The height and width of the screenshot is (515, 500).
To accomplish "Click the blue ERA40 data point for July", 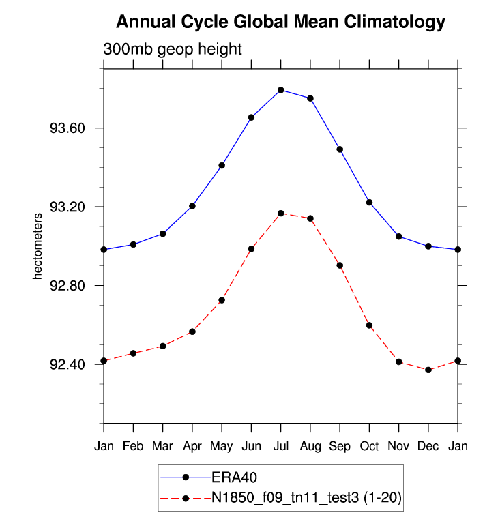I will coord(281,90).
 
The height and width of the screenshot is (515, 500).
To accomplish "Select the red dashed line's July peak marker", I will coord(281,214).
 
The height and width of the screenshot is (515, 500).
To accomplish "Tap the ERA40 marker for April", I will coord(192,206).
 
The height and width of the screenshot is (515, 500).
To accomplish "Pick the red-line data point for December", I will coord(428,370).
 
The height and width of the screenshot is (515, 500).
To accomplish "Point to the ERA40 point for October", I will coord(369,202).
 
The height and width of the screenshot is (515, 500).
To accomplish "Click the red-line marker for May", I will coord(222,300).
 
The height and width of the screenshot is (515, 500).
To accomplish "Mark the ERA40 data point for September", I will coord(340,149).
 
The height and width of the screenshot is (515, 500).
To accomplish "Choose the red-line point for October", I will coord(369,325).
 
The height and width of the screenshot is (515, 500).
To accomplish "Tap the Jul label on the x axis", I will coord(281,446).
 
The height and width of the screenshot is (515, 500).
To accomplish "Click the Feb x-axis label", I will coord(134,446).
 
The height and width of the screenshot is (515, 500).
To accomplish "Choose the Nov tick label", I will coord(399,446).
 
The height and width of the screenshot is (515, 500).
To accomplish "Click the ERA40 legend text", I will coord(234,477).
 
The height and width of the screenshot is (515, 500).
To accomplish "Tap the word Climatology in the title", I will coord(388,23).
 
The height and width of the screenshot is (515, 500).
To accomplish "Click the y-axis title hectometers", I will coord(38,246).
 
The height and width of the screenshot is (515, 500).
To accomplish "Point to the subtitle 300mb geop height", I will coord(173,50).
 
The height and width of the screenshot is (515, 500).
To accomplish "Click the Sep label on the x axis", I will coord(340,446).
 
